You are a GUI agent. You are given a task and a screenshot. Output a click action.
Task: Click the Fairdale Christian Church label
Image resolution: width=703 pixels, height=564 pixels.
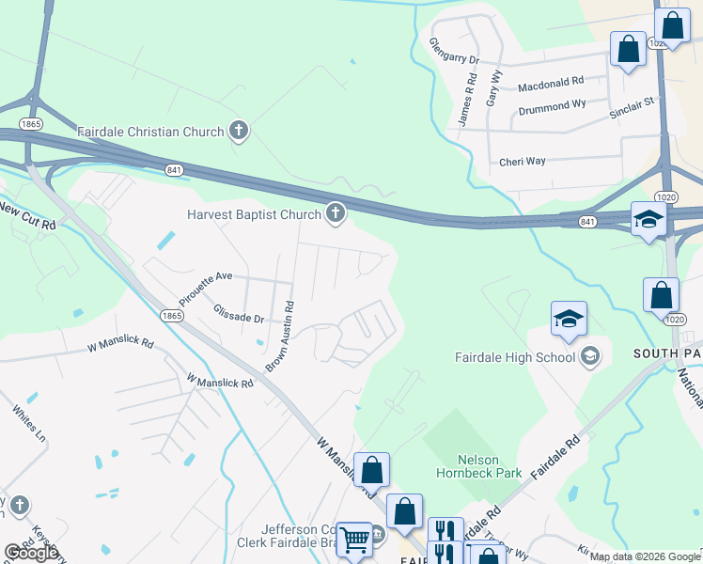[x=150, y=132]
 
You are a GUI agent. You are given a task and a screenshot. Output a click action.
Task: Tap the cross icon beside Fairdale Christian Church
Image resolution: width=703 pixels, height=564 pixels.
[x=239, y=131]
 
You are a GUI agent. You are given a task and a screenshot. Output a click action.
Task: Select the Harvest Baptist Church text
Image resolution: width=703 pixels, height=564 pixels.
[x=254, y=215]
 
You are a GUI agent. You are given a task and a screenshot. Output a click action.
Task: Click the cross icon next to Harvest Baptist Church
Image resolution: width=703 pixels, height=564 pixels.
[x=335, y=214]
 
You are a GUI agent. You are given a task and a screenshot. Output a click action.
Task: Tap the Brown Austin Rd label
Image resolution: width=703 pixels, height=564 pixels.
[x=279, y=337]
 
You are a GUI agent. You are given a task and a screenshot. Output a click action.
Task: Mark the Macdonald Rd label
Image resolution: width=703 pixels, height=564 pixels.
[x=551, y=86]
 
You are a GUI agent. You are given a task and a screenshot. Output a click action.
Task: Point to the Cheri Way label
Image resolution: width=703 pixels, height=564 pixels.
[x=523, y=161]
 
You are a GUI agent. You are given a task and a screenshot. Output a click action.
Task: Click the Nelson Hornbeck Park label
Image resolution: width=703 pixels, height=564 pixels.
[x=477, y=467]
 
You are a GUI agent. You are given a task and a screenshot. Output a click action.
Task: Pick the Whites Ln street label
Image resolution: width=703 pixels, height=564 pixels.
[x=28, y=425]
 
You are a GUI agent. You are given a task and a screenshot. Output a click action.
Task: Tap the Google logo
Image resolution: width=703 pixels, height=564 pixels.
[x=30, y=553]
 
